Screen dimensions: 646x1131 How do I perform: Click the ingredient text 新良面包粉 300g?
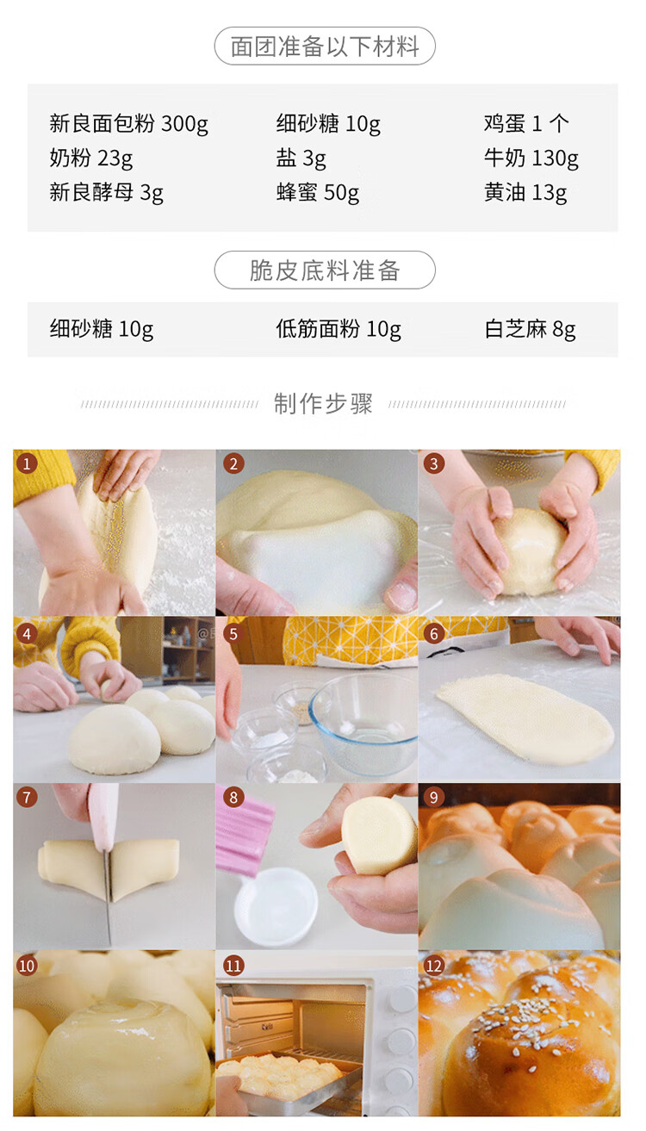click(128, 124)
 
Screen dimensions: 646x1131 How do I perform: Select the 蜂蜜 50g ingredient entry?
click(318, 193)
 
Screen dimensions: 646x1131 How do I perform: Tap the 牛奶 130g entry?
click(531, 158)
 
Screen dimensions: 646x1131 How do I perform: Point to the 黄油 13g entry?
click(525, 193)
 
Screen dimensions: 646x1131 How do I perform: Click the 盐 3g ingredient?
click(301, 158)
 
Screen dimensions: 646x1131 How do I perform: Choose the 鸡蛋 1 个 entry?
click(526, 124)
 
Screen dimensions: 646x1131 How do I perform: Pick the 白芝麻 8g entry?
click(530, 329)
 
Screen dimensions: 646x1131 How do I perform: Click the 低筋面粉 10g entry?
click(339, 329)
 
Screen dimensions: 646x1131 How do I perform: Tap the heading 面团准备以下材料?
click(325, 47)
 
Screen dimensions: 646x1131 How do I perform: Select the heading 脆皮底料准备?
click(325, 270)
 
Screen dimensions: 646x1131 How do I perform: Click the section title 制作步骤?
click(323, 404)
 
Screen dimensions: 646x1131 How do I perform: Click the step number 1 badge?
click(27, 463)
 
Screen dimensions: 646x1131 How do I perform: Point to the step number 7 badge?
click(27, 798)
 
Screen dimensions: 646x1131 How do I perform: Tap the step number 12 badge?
click(433, 966)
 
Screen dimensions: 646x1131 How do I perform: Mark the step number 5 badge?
click(233, 634)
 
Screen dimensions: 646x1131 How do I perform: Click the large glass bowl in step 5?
click(363, 723)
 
